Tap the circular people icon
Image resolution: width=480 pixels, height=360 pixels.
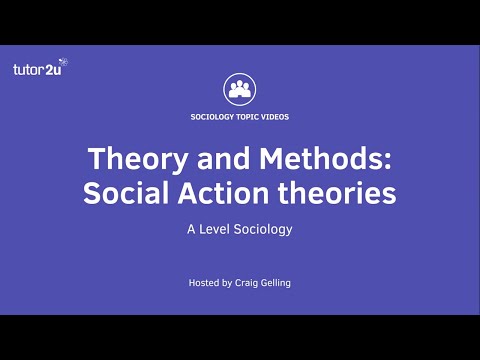[x=240, y=89]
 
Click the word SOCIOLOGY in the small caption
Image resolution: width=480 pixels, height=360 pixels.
[x=213, y=117]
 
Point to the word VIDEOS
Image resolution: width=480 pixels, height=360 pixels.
[x=275, y=117]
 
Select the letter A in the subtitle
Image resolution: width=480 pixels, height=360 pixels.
[x=190, y=228]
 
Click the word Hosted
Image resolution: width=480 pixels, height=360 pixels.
[x=206, y=283]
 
